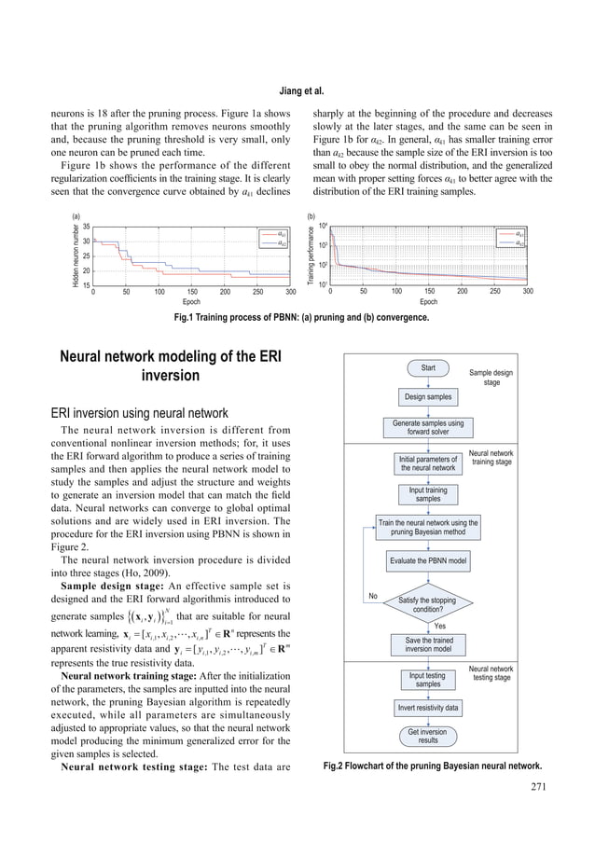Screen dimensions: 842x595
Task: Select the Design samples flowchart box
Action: click(x=428, y=397)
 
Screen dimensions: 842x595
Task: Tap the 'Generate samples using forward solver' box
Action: click(x=428, y=428)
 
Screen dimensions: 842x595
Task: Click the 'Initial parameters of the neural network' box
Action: click(x=428, y=462)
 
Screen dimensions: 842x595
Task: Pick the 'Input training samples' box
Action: click(x=428, y=494)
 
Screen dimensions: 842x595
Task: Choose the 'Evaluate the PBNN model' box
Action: click(x=428, y=561)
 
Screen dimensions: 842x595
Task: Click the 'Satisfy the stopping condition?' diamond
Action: click(x=428, y=603)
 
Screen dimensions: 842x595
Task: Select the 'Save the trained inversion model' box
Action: click(x=428, y=644)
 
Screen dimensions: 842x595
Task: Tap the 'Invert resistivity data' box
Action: click(x=428, y=708)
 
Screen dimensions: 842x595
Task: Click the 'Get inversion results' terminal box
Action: click(x=428, y=737)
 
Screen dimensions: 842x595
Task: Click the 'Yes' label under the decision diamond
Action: click(x=440, y=626)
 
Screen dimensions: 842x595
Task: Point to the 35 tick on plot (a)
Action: click(x=86, y=227)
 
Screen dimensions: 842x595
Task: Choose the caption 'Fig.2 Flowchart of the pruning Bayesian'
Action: click(x=432, y=766)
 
